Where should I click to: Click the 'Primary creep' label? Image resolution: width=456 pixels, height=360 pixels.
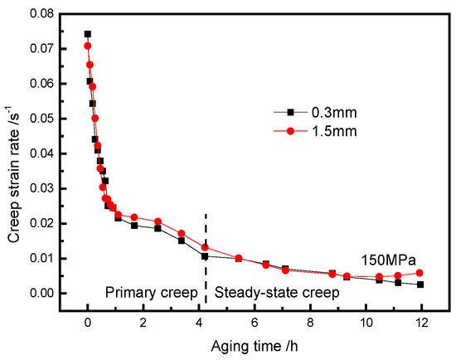pyautogui.click(x=151, y=293)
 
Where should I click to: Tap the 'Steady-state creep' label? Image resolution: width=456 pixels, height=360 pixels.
pyautogui.click(x=268, y=293)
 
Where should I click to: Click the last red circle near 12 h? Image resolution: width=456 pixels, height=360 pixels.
pyautogui.click(x=420, y=273)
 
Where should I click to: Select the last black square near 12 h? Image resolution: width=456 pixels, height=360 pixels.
pyautogui.click(x=420, y=285)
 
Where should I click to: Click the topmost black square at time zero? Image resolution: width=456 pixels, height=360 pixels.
pyautogui.click(x=88, y=34)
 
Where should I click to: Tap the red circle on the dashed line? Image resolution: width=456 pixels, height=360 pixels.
pyautogui.click(x=205, y=247)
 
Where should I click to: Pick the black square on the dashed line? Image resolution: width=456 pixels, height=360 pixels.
pyautogui.click(x=205, y=256)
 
